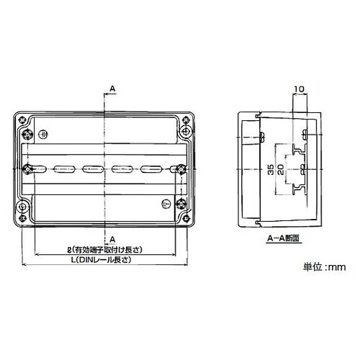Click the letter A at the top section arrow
tap(112, 89)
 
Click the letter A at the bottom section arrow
tap(112, 239)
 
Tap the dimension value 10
tap(300, 89)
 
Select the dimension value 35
tap(271, 170)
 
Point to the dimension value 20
tap(281, 169)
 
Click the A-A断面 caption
tap(284, 238)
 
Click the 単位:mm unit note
tap(324, 267)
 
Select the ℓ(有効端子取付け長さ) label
tap(105, 250)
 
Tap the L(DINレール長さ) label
tap(103, 260)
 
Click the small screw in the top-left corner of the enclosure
tap(22, 119)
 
